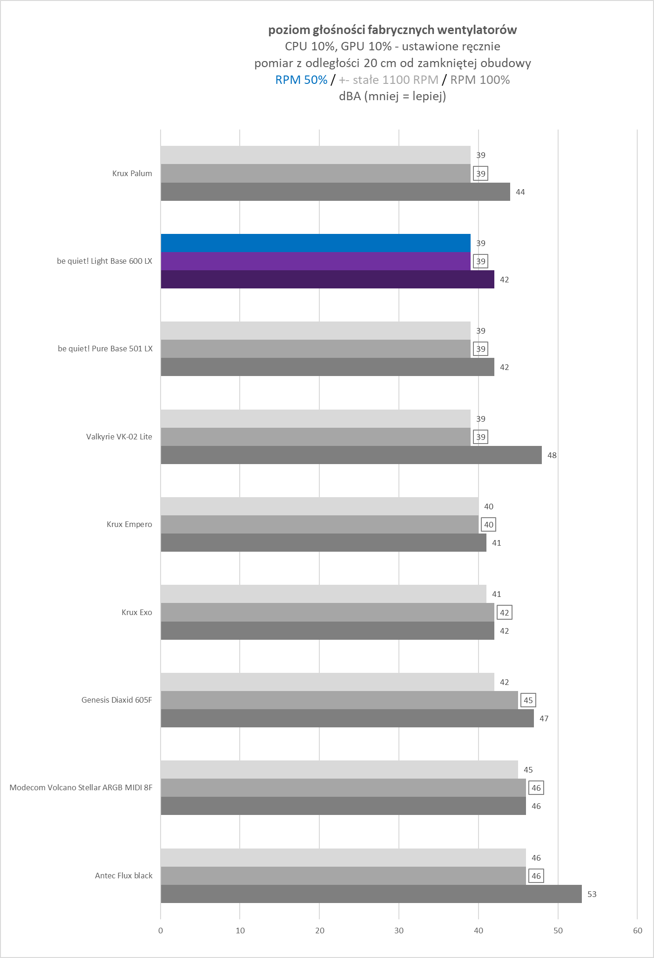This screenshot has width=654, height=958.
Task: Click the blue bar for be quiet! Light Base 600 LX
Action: (316, 243)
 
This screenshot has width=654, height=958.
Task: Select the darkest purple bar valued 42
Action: (327, 280)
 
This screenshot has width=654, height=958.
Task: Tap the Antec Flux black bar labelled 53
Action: (371, 894)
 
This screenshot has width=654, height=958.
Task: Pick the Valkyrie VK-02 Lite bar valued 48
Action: (351, 455)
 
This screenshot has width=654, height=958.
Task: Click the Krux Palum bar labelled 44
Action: (335, 192)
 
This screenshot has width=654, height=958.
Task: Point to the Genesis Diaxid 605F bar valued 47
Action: (347, 718)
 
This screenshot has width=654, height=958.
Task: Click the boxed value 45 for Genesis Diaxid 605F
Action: (528, 700)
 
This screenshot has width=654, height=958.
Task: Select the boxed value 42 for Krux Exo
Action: (504, 612)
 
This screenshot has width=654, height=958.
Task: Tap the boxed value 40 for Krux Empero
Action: (488, 525)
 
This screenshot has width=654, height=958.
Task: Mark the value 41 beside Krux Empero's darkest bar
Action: (496, 543)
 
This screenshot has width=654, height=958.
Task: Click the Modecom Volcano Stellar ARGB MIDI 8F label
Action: (81, 787)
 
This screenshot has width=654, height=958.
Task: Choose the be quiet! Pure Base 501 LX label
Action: (105, 349)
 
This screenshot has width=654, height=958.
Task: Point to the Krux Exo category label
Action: (136, 612)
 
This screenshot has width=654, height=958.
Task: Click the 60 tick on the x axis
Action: (637, 931)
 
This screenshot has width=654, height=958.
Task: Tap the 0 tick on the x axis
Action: (161, 931)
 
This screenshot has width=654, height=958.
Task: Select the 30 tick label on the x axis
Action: (399, 931)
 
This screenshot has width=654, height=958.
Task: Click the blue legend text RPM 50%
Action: (301, 80)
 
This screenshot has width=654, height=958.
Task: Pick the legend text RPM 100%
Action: (480, 80)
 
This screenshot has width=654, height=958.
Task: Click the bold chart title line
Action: (392, 30)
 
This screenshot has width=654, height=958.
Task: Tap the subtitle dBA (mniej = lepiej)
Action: (392, 96)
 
